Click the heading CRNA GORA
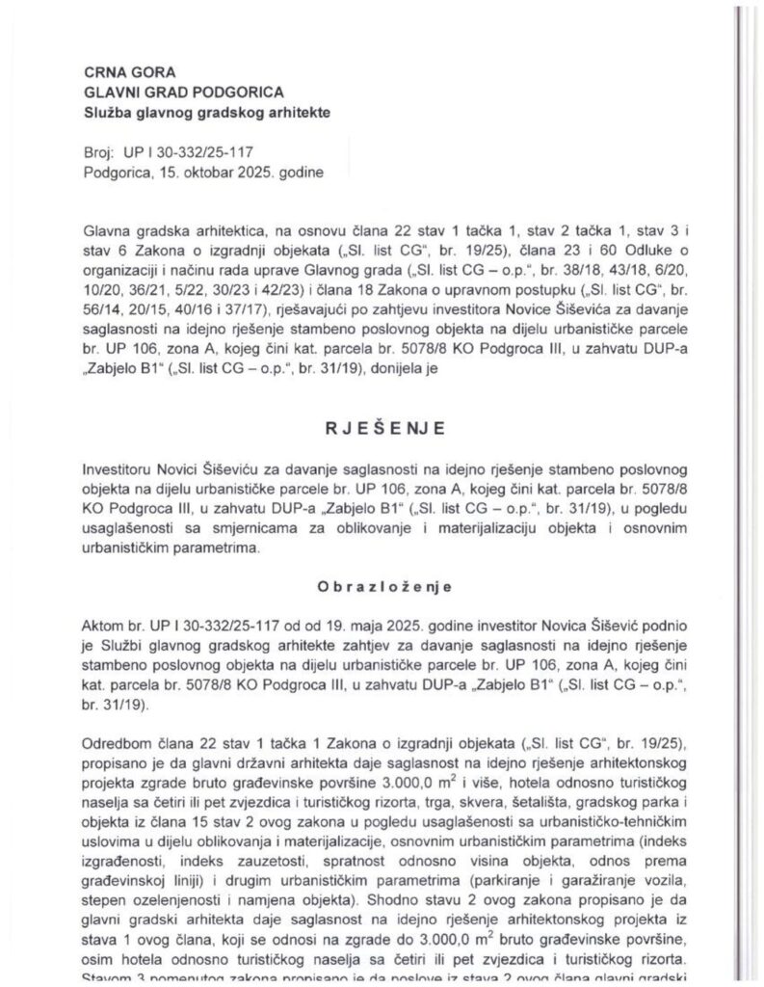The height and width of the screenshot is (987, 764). tap(119, 71)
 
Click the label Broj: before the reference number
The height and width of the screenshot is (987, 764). tap(100, 154)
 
